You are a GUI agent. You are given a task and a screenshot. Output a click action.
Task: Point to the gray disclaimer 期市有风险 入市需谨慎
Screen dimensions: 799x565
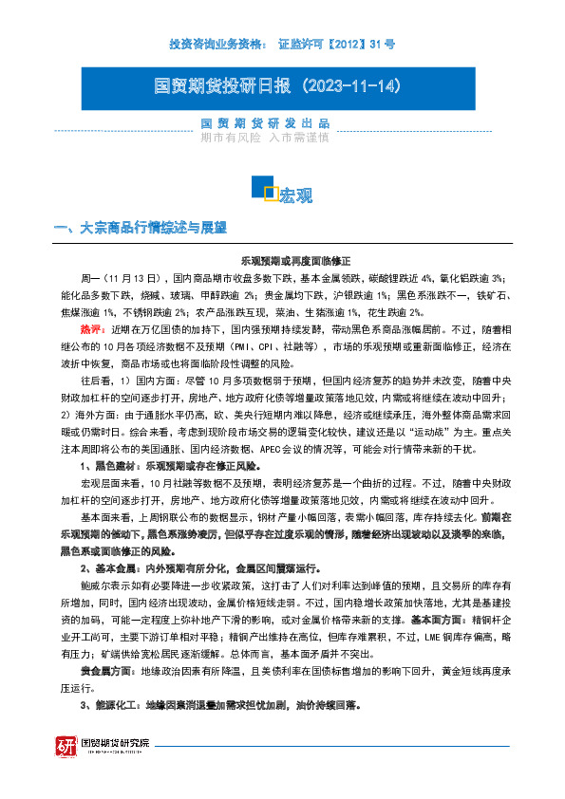tap(265, 138)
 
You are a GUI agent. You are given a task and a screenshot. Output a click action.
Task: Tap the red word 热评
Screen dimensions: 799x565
tap(92, 328)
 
